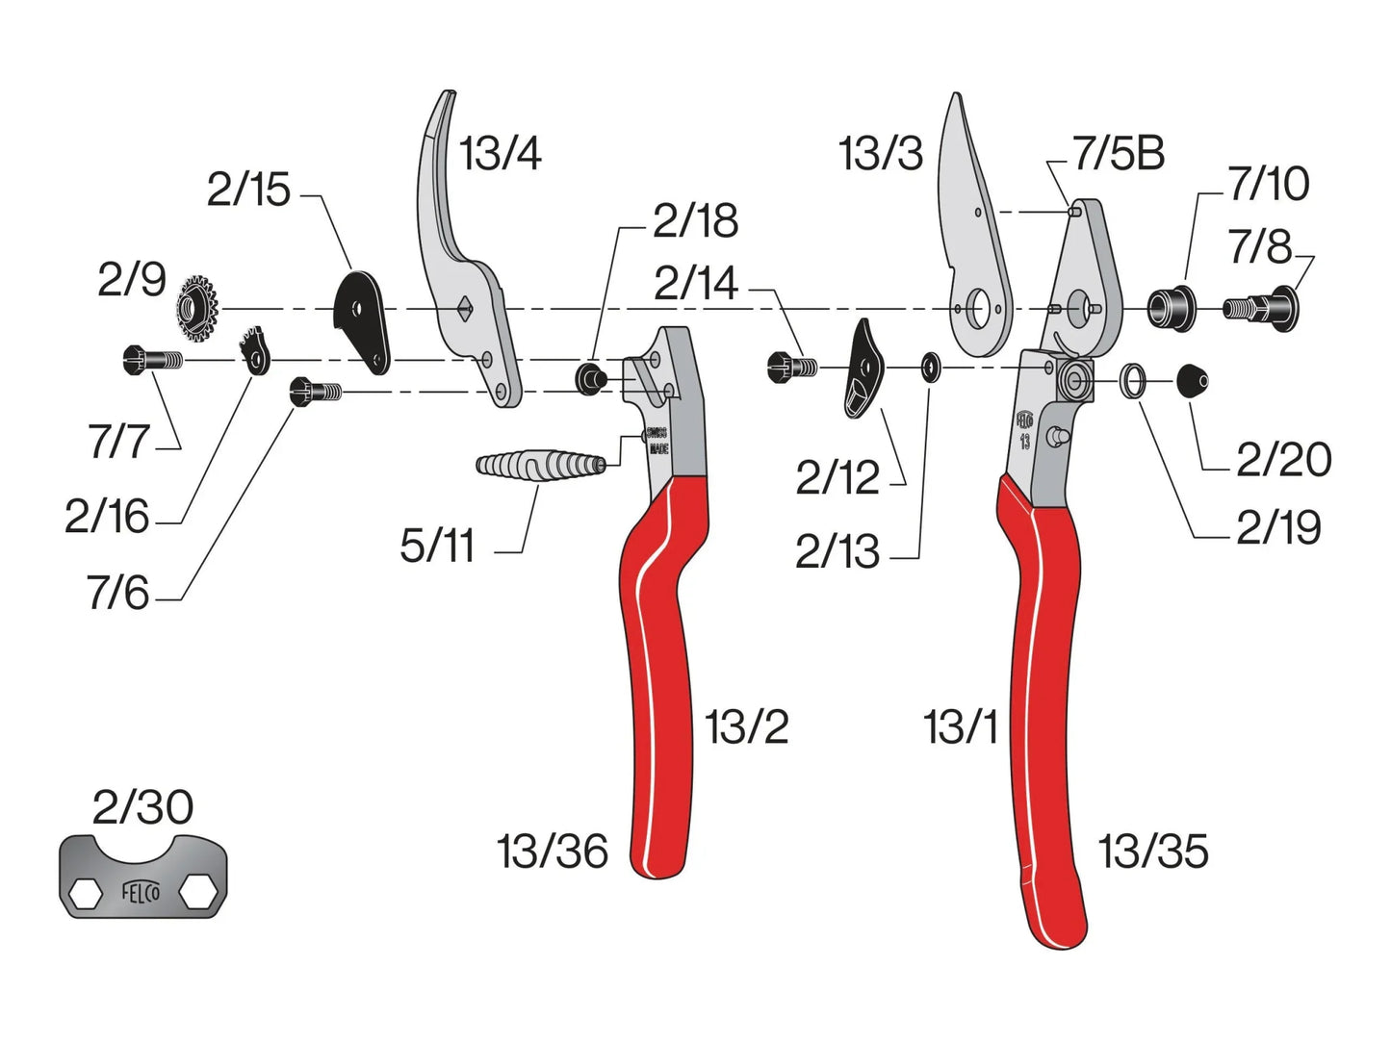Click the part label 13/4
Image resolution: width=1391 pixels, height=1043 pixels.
pos(500,154)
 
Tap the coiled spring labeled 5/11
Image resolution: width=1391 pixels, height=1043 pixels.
pos(540,467)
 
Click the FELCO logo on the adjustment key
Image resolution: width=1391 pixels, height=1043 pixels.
pos(141,892)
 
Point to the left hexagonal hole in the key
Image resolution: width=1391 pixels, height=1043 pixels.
pos(85,892)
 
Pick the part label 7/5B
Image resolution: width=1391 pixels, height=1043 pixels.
pos(1119,154)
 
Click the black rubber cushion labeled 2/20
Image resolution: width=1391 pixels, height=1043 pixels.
pos(1192,381)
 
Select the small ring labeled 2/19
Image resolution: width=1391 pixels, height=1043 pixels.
pos(1133,381)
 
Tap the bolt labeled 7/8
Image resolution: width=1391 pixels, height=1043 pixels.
pos(1262,308)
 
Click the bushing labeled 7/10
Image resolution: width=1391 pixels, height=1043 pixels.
pos(1171,308)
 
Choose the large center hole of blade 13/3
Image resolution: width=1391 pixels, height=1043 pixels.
pos(980,309)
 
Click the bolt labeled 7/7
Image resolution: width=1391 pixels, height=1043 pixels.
pos(153,360)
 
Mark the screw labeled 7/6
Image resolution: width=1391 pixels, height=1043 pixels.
pos(315,391)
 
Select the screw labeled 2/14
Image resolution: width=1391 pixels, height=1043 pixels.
pos(792,367)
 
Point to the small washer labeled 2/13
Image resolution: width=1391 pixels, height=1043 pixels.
pos(931,368)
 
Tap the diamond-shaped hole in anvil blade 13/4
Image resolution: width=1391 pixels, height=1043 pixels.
pos(465,308)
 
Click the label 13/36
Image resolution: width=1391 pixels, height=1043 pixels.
pos(553,852)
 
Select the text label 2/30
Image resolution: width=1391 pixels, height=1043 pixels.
pos(142,807)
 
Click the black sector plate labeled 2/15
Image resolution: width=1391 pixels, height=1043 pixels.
pos(361,320)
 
